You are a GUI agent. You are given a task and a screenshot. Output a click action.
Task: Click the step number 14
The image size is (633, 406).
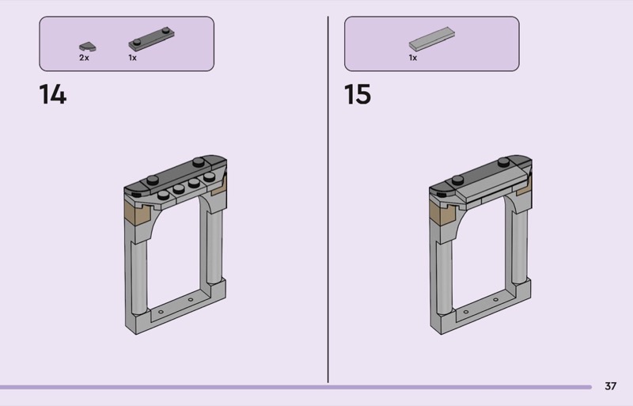[53, 94]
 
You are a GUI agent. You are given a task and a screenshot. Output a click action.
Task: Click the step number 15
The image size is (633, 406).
[358, 94]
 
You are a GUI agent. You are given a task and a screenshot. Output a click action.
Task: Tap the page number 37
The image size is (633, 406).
[610, 386]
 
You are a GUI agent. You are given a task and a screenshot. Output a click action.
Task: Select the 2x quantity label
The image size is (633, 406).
[84, 58]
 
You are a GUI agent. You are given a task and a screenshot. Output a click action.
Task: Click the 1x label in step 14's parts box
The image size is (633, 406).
[132, 58]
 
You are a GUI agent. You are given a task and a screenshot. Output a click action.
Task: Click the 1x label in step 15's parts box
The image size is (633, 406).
[412, 58]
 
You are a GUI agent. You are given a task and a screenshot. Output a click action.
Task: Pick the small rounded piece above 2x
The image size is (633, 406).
[88, 47]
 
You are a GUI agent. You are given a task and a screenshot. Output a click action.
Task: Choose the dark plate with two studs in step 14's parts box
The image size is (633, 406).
[151, 40]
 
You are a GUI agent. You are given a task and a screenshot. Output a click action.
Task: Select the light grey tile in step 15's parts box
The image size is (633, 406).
[431, 40]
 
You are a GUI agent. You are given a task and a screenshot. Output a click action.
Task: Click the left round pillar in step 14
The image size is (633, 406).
[139, 277]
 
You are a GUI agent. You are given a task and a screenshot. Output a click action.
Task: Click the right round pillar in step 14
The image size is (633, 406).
[214, 246]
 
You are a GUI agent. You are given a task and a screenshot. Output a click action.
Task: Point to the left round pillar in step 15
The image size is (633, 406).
[444, 277]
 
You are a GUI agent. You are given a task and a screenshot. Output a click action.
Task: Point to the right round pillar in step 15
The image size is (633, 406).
[520, 246]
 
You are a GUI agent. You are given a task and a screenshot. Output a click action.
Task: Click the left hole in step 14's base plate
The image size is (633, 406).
[161, 312]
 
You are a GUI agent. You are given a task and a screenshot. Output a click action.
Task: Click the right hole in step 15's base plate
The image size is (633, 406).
[496, 300]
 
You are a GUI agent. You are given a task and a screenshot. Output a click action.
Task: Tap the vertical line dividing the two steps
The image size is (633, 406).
[328, 199]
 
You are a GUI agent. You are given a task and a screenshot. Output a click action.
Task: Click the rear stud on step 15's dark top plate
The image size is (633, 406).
[503, 162]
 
